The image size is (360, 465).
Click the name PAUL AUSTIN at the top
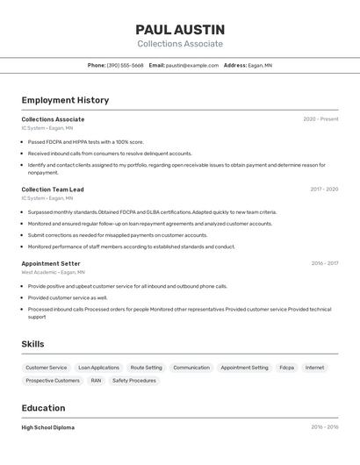click(180, 30)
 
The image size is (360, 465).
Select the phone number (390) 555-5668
click(125, 65)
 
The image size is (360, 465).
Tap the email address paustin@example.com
click(192, 65)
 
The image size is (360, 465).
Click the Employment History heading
click(65, 100)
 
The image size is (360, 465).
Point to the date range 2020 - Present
click(320, 119)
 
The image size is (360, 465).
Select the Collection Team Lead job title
click(53, 190)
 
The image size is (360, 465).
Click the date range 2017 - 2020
click(324, 190)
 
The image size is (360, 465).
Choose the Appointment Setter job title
click(51, 263)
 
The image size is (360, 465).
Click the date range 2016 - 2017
click(324, 263)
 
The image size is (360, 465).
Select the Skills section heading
click(32, 344)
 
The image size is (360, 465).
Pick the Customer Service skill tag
click(46, 368)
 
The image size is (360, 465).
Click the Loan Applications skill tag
click(98, 368)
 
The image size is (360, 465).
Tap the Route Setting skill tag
click(146, 368)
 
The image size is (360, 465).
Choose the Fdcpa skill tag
click(286, 368)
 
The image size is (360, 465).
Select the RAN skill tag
click(96, 381)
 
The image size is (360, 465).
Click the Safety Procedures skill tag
click(134, 381)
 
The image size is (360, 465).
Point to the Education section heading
click(43, 408)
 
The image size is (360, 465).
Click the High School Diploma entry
click(48, 427)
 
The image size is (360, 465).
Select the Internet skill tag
click(314, 368)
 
